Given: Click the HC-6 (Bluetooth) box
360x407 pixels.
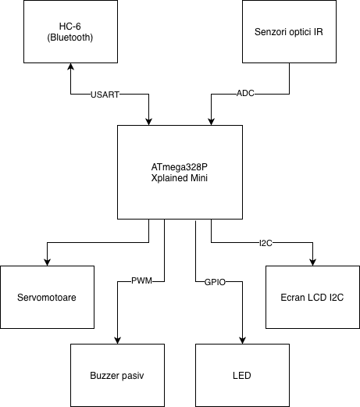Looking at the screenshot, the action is pyautogui.click(x=70, y=31).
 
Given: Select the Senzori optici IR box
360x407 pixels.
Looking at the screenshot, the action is pyautogui.click(x=289, y=31).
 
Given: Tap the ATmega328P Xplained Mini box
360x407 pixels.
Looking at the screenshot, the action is pyautogui.click(x=180, y=172).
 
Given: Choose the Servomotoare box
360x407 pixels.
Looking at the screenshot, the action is pyautogui.click(x=47, y=297).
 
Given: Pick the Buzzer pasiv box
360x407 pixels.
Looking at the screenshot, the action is pyautogui.click(x=117, y=375).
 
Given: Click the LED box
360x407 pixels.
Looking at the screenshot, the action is pyautogui.click(x=242, y=375).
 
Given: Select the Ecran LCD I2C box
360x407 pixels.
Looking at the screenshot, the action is pyautogui.click(x=312, y=297).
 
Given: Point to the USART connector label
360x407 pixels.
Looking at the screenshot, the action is pyautogui.click(x=105, y=95).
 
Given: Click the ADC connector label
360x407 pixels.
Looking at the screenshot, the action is pyautogui.click(x=245, y=93).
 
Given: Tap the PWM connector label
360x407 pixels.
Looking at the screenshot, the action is pyautogui.click(x=141, y=280).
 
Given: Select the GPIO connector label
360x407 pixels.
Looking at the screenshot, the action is pyautogui.click(x=215, y=282).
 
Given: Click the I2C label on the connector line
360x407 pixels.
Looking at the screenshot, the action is pyautogui.click(x=266, y=243).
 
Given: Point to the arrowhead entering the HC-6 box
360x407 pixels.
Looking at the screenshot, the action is pyautogui.click(x=70, y=66).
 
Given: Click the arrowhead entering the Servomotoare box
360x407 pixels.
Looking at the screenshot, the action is pyautogui.click(x=47, y=262).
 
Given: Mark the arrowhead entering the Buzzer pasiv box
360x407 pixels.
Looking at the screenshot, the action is pyautogui.click(x=117, y=341).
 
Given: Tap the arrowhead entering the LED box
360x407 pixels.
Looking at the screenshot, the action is pyautogui.click(x=242, y=341).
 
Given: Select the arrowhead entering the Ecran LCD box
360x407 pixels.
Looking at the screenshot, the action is pyautogui.click(x=312, y=262).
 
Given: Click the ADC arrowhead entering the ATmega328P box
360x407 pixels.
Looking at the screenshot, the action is pyautogui.click(x=211, y=122).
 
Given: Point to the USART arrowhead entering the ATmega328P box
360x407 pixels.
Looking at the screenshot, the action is pyautogui.click(x=148, y=122).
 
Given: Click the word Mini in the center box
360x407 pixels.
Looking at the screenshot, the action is pyautogui.click(x=199, y=178).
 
